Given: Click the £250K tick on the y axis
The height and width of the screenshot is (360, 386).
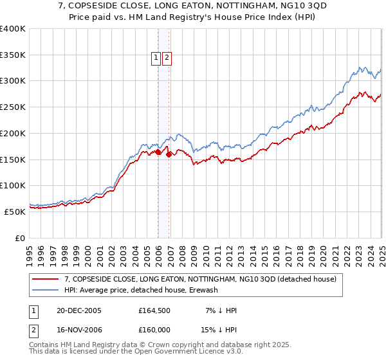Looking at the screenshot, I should pyautogui.click(x=14, y=107).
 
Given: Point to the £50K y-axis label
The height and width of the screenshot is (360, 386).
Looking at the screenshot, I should pyautogui.click(x=14, y=212).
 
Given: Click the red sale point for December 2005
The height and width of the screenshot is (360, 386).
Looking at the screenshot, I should pyautogui.click(x=158, y=152).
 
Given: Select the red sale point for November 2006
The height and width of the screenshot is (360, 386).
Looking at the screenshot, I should pyautogui.click(x=169, y=154).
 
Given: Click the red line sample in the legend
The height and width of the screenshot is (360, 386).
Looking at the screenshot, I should pyautogui.click(x=45, y=280).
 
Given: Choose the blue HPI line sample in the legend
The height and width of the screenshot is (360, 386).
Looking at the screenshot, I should pyautogui.click(x=45, y=290).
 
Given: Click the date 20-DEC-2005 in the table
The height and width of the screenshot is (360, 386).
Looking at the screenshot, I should pyautogui.click(x=79, y=310).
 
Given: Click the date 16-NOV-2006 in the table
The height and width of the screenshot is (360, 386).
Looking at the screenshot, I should pyautogui.click(x=79, y=331).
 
